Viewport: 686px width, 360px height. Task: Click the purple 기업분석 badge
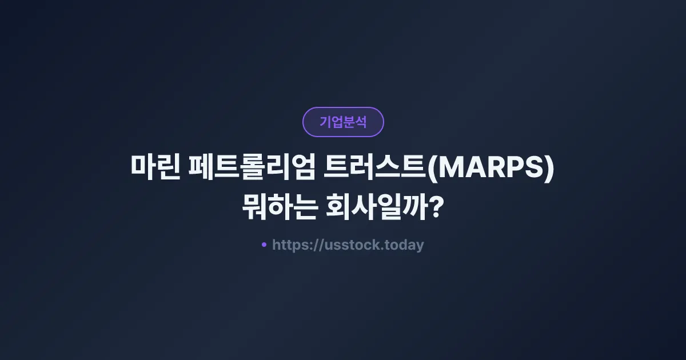click(x=343, y=122)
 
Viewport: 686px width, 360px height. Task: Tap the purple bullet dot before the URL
click(x=264, y=245)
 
